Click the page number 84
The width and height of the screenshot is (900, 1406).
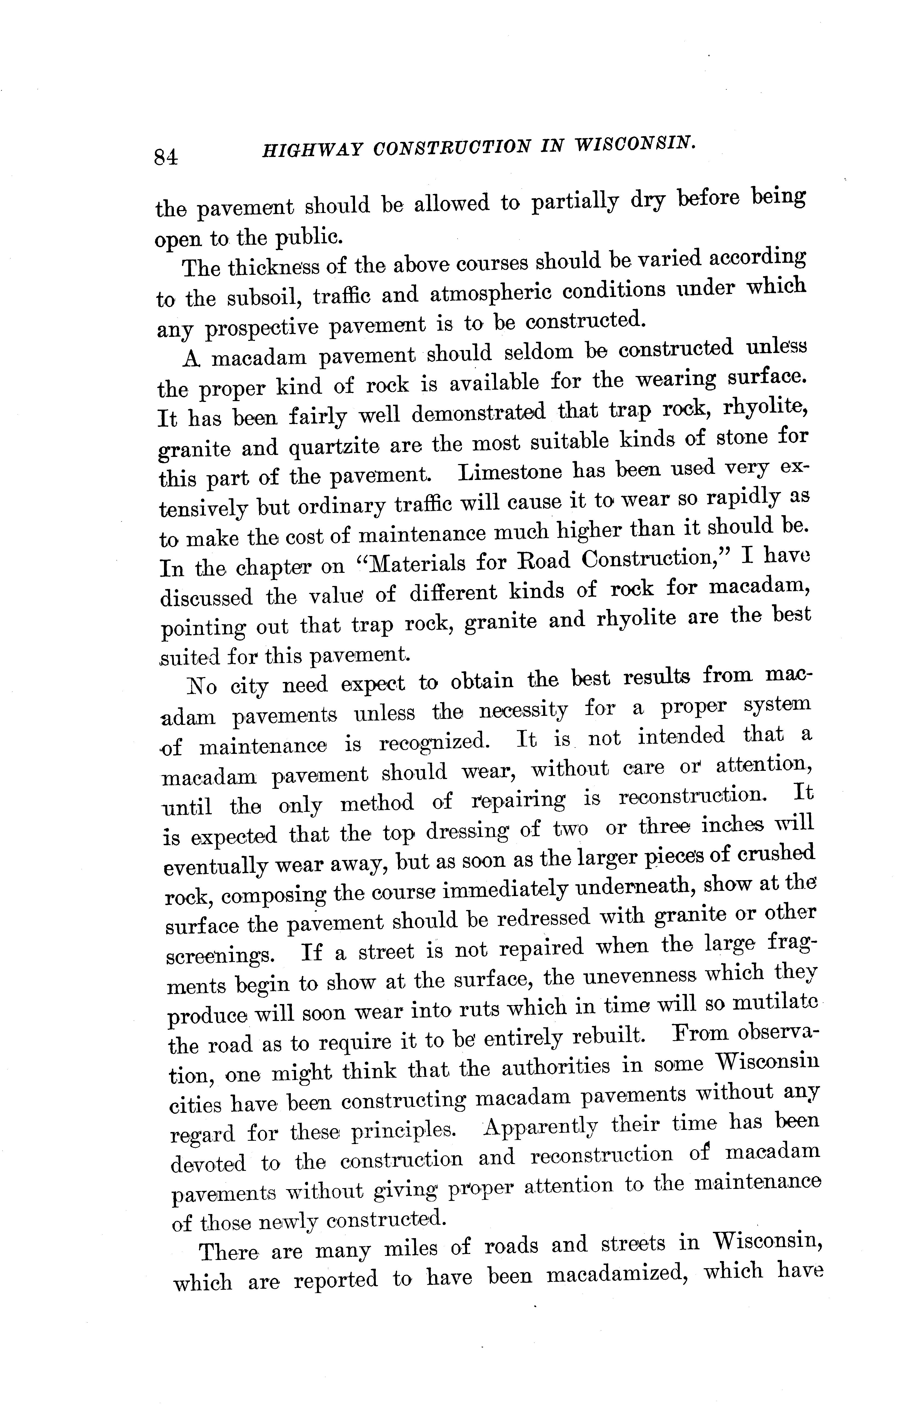click(x=166, y=157)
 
